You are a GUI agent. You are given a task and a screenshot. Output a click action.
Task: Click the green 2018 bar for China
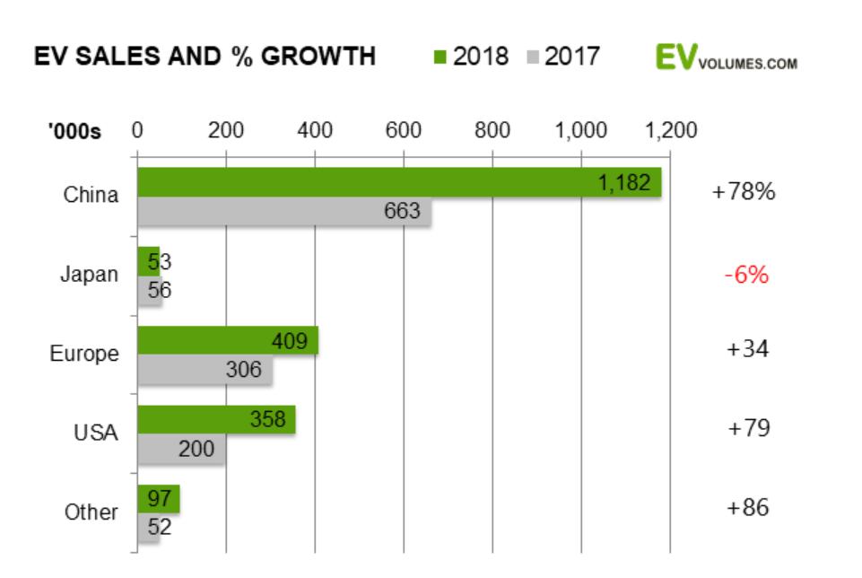coord(399,182)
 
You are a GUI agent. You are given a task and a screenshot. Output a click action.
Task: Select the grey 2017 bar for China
coord(283,212)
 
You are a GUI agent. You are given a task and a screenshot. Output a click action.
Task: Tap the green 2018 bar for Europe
coord(227,341)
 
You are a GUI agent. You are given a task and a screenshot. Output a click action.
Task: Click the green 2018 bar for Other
coord(158,498)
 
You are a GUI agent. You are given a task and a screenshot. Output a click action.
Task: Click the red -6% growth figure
coord(747,275)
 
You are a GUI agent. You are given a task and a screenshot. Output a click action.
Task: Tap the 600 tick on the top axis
coord(404,131)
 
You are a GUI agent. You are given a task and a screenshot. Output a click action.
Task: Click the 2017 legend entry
coord(563,57)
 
